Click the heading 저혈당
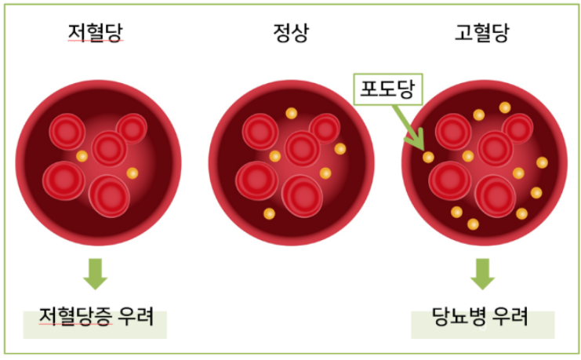[x=95, y=35]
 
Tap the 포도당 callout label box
[x=387, y=88]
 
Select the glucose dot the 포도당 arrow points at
[x=427, y=157]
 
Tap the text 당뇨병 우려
[x=481, y=318]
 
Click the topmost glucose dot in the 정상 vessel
[x=291, y=113]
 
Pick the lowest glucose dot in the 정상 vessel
[x=269, y=213]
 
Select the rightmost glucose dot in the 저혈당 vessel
[x=132, y=173]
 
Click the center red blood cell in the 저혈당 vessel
[x=108, y=147]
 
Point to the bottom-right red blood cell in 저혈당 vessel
[x=109, y=195]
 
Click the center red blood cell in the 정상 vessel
[x=303, y=147]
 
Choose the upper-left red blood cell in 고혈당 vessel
[x=454, y=131]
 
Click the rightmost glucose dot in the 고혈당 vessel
[x=542, y=162]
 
